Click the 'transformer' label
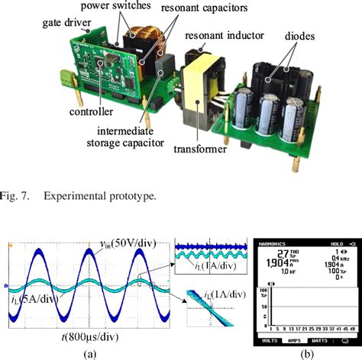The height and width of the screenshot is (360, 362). coord(202,149)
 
